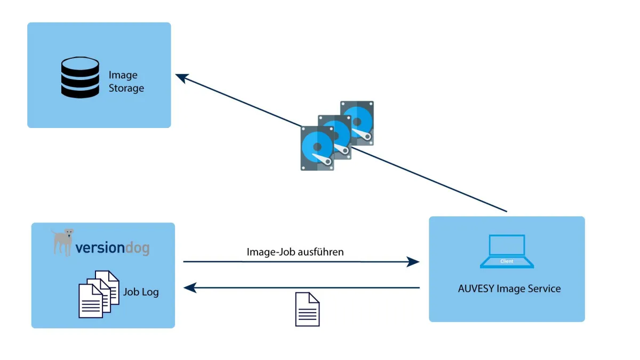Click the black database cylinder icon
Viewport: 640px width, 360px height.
click(80, 78)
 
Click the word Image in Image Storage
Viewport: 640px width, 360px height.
click(123, 75)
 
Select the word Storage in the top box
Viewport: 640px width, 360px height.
click(126, 88)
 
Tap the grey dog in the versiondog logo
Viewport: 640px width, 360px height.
click(63, 241)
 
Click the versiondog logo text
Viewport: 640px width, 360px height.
click(112, 248)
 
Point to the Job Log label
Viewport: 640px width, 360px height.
click(141, 292)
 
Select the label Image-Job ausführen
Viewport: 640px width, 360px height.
click(295, 252)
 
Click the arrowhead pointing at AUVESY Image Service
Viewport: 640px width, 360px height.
click(413, 262)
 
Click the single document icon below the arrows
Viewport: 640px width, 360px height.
click(307, 309)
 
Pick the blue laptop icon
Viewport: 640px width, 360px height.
click(507, 251)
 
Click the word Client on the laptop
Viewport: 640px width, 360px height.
click(507, 261)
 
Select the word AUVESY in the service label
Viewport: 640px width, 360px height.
click(476, 289)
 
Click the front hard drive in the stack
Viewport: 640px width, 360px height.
click(317, 148)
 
